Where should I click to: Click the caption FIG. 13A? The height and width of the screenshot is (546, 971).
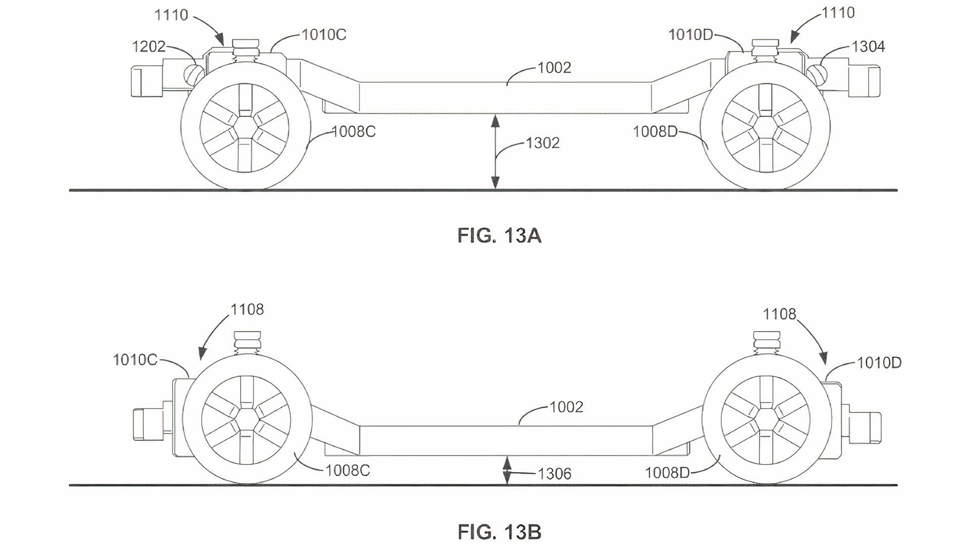[x=499, y=236]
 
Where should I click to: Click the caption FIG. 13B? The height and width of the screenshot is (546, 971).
[x=499, y=532]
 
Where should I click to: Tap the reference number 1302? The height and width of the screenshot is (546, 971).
[x=543, y=143]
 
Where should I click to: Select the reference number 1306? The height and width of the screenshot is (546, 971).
[x=554, y=474]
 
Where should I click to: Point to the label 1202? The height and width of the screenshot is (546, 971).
[x=149, y=47]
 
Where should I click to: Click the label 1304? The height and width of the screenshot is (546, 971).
[x=868, y=47]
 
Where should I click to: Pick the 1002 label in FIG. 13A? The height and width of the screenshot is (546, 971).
[x=554, y=68]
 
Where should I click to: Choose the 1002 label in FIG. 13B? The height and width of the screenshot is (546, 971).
[x=566, y=406]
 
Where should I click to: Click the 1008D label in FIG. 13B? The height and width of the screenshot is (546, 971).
[x=667, y=473]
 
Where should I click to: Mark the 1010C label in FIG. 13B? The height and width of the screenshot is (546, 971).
[x=135, y=360]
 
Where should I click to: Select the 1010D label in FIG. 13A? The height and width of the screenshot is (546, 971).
[x=691, y=34]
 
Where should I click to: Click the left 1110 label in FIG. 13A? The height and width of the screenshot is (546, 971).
[x=171, y=15]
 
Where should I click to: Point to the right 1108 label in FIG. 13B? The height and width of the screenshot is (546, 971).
[x=779, y=314]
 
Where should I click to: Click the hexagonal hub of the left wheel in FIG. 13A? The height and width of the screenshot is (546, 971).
[x=245, y=125]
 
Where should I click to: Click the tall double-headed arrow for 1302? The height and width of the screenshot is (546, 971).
[x=496, y=152]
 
